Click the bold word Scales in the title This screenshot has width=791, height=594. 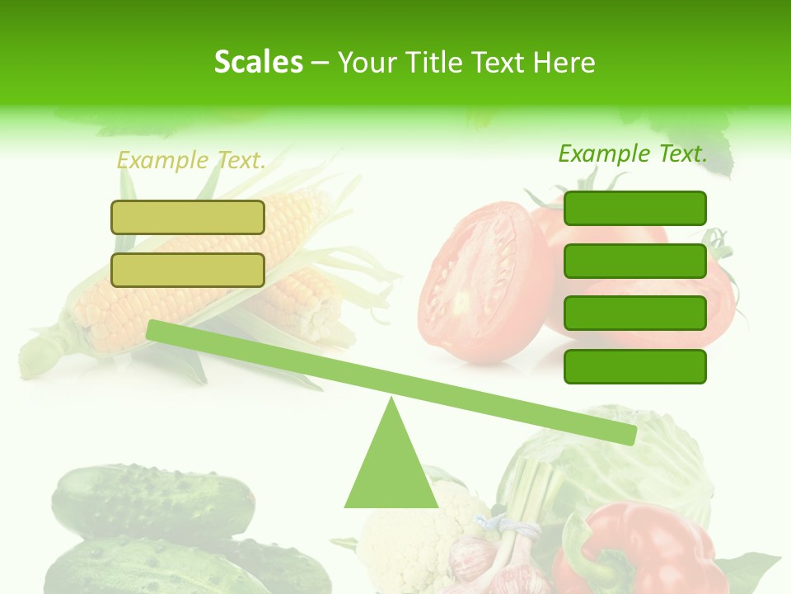pyautogui.click(x=258, y=62)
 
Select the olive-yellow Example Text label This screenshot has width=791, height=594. pyautogui.click(x=191, y=160)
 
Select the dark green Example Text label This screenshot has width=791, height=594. pyautogui.click(x=633, y=153)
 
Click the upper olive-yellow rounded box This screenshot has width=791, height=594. pyautogui.click(x=188, y=218)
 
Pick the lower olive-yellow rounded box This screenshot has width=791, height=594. pyautogui.click(x=188, y=270)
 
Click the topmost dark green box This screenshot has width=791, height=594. pyautogui.click(x=635, y=208)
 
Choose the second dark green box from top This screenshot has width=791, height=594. pyautogui.click(x=635, y=261)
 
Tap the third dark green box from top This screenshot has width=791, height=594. pyautogui.click(x=635, y=313)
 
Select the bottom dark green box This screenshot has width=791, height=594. pyautogui.click(x=635, y=366)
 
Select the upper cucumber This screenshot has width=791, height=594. pyautogui.click(x=152, y=499)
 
